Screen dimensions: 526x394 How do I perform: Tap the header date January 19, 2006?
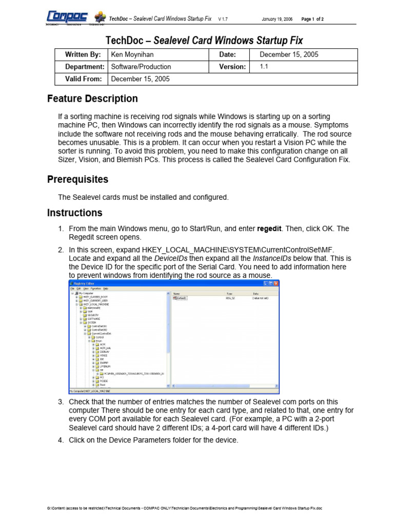(x=277, y=19)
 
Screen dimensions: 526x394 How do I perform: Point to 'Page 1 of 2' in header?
(x=312, y=19)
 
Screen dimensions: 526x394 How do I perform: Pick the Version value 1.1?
(x=264, y=67)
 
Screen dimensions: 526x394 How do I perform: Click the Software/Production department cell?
(x=141, y=67)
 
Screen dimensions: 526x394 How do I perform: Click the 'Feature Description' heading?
(x=92, y=99)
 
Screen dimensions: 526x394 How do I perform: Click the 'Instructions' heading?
(x=75, y=213)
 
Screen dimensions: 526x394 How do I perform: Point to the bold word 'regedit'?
(x=269, y=229)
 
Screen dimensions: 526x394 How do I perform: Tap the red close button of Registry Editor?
(x=275, y=284)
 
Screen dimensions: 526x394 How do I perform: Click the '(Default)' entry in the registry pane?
(x=183, y=297)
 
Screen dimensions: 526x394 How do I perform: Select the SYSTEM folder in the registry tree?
(x=91, y=323)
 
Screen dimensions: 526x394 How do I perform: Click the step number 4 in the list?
(x=61, y=440)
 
